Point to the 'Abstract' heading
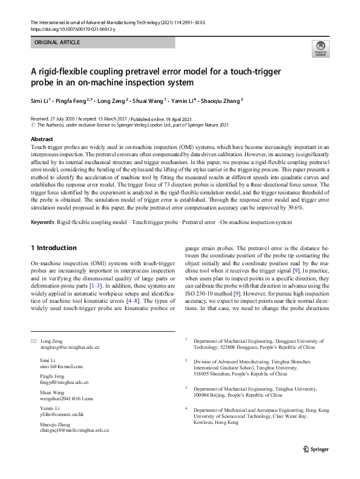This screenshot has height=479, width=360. click(x=41, y=139)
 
